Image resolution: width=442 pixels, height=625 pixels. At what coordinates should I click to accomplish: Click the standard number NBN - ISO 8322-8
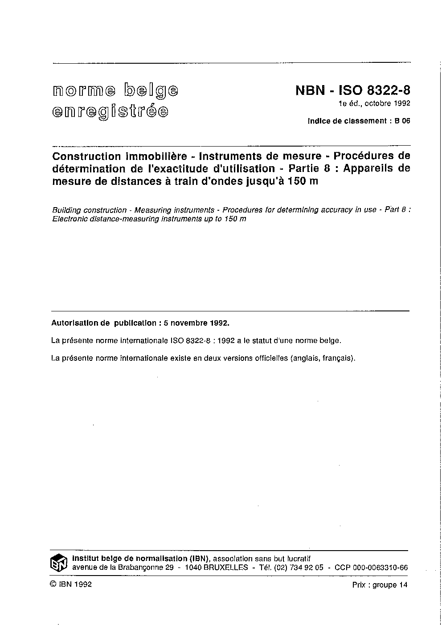point(352,90)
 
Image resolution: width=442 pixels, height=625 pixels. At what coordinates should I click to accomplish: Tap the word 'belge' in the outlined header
point(151,90)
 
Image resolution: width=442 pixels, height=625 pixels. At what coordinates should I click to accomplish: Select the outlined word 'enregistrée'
point(110,111)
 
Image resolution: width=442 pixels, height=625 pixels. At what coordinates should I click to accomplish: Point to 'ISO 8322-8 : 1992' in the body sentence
point(203,341)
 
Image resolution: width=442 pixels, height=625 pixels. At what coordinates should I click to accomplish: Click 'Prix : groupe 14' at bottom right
point(380,585)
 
